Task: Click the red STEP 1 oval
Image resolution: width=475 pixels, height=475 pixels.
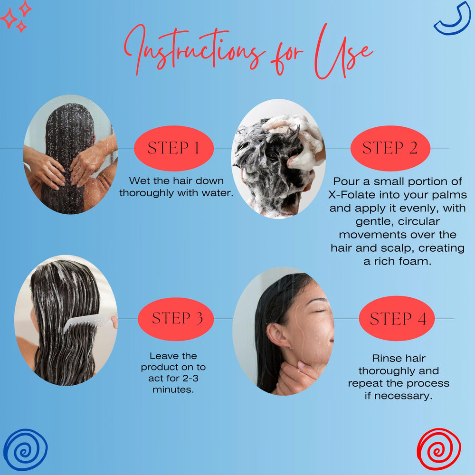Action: [174, 148]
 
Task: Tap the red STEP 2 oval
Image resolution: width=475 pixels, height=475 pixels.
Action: [390, 148]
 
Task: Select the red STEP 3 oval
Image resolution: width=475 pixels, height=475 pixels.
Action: [176, 319]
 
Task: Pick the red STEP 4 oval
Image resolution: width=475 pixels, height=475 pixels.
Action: [397, 318]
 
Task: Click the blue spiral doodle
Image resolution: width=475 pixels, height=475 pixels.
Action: [26, 449]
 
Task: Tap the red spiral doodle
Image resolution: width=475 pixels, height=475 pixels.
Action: [439, 449]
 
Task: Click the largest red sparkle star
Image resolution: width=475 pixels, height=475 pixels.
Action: [9, 18]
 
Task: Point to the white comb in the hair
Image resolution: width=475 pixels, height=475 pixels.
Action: [88, 323]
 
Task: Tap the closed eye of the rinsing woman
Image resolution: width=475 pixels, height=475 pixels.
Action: [319, 311]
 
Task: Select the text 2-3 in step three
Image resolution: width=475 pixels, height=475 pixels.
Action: [190, 378]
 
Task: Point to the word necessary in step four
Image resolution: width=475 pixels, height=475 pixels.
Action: [403, 396]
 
